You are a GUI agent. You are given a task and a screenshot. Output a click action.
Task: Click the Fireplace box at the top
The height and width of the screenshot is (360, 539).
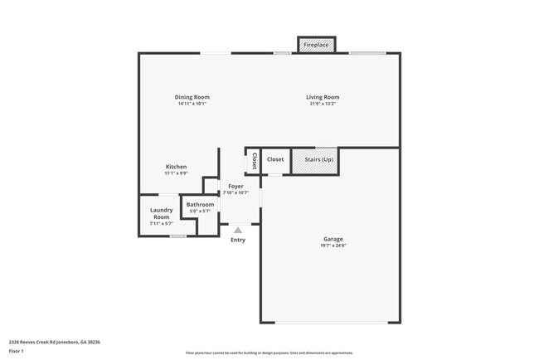[317, 44]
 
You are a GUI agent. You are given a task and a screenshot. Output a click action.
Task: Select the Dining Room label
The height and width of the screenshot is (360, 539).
[192, 97]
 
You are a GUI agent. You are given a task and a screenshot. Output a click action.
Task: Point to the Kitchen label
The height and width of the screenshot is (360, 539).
[176, 167]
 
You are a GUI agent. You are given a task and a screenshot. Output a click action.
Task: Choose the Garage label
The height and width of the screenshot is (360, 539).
[333, 239]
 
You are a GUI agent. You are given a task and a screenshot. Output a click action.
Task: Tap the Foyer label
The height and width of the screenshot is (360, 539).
[236, 187]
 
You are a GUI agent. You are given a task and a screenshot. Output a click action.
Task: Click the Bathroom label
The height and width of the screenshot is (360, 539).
[200, 204]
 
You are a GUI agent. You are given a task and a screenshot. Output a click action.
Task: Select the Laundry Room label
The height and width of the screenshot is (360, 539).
[161, 213]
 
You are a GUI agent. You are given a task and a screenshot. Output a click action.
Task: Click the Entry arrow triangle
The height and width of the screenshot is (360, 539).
[238, 231]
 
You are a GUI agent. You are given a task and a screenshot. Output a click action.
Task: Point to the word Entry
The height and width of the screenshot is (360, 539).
[238, 241]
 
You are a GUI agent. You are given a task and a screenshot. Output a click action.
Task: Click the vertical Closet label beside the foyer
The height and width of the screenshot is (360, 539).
[254, 161]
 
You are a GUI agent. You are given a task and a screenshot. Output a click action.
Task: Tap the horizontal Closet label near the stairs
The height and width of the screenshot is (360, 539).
[275, 159]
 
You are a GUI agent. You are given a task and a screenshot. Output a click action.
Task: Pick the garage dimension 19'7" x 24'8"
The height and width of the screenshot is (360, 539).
[333, 246]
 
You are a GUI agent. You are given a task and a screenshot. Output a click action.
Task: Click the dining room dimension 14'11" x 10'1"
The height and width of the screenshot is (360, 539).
[192, 104]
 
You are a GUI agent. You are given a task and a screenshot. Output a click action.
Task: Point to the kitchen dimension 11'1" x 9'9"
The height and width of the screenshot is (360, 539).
[176, 173]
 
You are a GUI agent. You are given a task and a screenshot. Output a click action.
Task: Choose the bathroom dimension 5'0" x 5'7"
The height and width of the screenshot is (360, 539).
[200, 211]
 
